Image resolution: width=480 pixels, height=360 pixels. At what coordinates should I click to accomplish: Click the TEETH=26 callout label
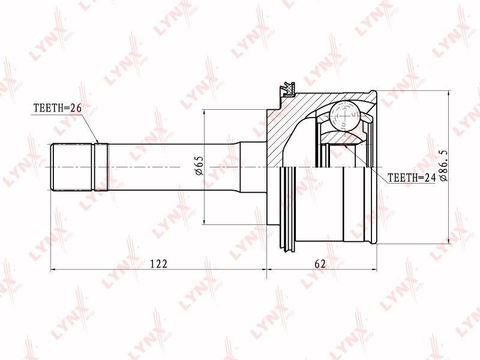pos(58,108)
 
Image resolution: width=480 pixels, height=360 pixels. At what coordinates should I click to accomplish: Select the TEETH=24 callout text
pos(411,178)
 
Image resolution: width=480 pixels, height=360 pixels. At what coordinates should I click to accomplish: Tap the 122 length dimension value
pos(159,263)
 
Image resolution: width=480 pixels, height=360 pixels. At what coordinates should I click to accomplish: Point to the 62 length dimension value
pos(320,263)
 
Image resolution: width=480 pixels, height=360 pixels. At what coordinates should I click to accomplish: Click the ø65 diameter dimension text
pos(199,166)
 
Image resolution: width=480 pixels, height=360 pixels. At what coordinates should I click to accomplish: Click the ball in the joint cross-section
pos(344,116)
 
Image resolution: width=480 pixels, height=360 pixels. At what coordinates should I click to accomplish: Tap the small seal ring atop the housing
pos(289,89)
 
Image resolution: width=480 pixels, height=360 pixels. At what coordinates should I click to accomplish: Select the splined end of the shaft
pos(79,167)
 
